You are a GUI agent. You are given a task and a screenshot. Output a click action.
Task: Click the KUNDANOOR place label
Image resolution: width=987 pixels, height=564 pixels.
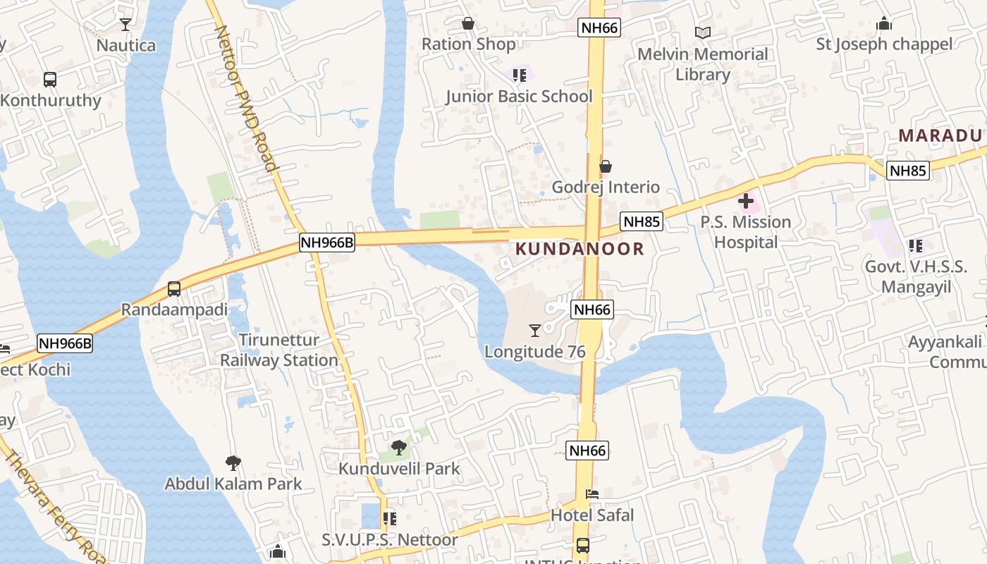click(x=580, y=249)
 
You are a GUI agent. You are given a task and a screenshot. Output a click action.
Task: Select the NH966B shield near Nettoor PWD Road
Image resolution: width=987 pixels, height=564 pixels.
click(x=326, y=243)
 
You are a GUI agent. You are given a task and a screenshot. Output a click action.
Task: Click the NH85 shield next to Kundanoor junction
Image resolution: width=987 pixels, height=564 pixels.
click(x=642, y=222)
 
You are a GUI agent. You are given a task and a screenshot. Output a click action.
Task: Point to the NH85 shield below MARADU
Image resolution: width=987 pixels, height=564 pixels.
click(x=908, y=170)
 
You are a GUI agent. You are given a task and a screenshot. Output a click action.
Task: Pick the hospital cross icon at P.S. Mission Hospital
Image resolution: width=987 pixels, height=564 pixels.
click(x=746, y=202)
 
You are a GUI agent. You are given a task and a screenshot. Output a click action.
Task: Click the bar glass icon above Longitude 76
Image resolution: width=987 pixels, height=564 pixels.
click(x=535, y=330)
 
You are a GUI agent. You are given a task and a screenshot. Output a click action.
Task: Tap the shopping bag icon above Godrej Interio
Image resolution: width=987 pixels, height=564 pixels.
click(x=605, y=166)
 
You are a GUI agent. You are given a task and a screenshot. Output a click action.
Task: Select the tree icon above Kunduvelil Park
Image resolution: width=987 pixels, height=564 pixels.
click(x=399, y=447)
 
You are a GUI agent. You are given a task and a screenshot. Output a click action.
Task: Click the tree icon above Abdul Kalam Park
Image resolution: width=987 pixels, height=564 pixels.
click(x=233, y=463)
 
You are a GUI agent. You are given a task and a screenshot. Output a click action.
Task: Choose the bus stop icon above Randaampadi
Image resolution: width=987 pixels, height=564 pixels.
click(x=173, y=289)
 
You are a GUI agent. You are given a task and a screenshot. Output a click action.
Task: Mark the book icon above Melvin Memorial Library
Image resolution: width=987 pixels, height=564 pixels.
click(x=702, y=32)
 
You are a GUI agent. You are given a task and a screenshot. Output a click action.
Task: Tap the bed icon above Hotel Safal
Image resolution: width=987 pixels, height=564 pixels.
click(x=592, y=494)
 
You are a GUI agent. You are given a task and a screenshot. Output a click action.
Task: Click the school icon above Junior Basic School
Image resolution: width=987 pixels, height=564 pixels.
click(x=520, y=75)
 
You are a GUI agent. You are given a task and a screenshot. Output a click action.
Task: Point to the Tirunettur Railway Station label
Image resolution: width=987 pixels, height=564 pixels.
click(x=279, y=350)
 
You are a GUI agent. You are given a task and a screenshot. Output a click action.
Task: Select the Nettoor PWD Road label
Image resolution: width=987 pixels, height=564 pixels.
click(x=245, y=99)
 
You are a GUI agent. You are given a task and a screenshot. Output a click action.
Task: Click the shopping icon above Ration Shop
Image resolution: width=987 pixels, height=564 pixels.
click(x=467, y=24)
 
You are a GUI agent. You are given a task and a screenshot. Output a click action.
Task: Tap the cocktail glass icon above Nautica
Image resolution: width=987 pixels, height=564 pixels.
click(x=125, y=25)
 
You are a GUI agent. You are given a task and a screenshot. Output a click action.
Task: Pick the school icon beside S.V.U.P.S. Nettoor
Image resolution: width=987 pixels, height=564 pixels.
click(x=389, y=520)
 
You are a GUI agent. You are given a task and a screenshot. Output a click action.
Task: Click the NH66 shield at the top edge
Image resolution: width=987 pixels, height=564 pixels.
click(x=599, y=27)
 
